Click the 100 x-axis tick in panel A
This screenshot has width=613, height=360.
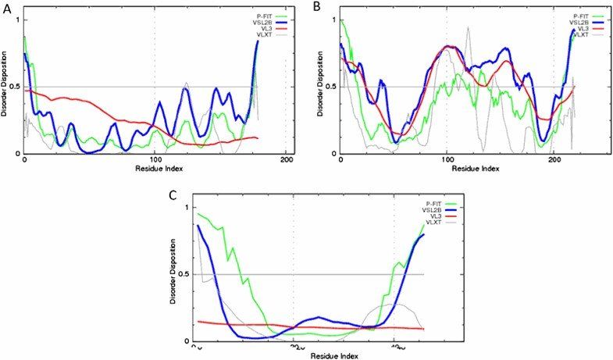(x=155, y=162)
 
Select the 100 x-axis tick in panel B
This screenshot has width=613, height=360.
(x=446, y=162)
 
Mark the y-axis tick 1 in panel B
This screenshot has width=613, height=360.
(x=333, y=19)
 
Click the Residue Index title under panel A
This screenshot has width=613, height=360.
(x=155, y=169)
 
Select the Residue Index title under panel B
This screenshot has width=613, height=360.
(x=446, y=169)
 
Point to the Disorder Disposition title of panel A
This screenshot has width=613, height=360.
(x=5, y=86)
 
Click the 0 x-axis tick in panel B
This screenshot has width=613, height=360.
(x=340, y=162)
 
